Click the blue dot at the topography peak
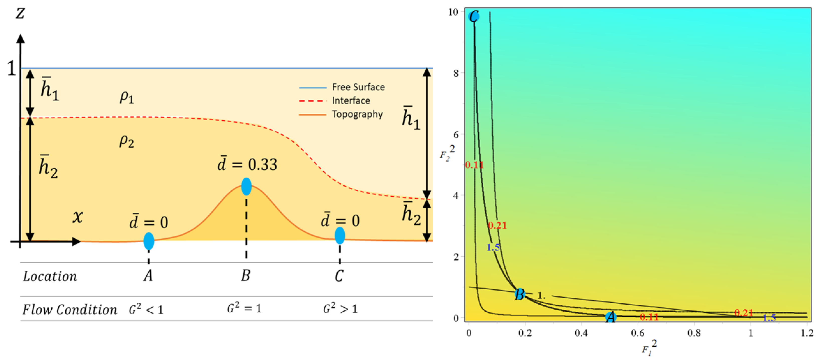click(x=247, y=186)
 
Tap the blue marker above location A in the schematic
click(x=149, y=241)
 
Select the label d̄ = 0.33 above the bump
click(x=247, y=164)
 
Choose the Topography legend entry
click(x=357, y=114)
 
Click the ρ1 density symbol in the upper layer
click(x=126, y=97)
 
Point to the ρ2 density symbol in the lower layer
click(x=126, y=141)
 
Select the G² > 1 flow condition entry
click(x=340, y=308)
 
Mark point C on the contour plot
click(x=474, y=17)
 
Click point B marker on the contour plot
click(x=520, y=295)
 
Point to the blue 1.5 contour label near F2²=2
click(x=493, y=247)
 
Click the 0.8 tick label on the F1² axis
click(x=694, y=333)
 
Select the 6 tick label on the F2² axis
click(x=456, y=135)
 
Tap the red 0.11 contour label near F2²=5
click(x=474, y=165)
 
